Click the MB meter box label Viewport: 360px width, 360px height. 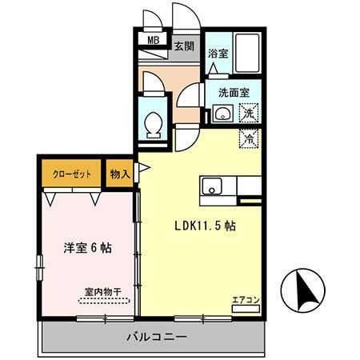click(152, 37)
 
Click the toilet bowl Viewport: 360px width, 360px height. click(153, 124)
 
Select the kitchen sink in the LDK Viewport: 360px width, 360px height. click(212, 189)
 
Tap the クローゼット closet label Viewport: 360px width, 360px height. click(71, 174)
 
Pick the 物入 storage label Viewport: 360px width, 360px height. click(120, 174)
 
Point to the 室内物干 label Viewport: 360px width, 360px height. click(101, 292)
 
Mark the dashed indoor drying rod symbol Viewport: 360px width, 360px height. click(102, 302)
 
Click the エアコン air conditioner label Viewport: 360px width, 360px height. click(246, 300)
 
